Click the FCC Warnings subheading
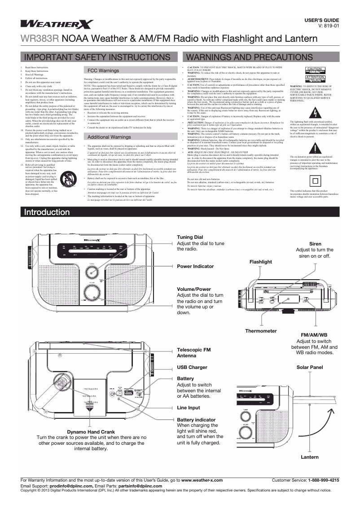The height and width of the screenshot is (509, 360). click(103, 71)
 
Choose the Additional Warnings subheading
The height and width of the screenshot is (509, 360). click(109, 136)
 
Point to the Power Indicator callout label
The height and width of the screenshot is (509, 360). click(195, 266)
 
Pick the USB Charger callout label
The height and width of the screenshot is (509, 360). click(192, 367)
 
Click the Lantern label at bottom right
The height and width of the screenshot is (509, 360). click(310, 457)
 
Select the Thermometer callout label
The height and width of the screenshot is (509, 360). click(261, 331)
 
